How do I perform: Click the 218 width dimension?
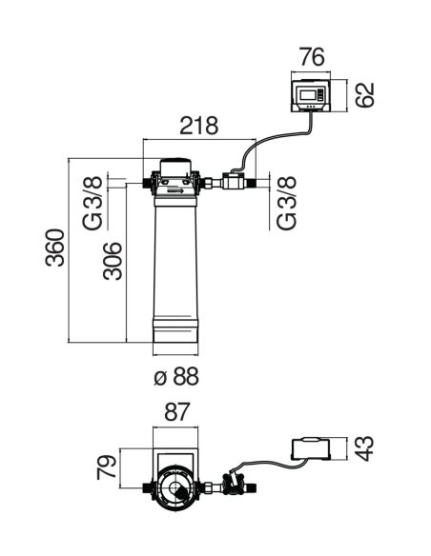coord(199,126)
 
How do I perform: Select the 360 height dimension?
coord(55,248)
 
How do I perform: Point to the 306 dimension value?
coord(113,261)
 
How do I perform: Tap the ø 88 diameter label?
coord(176,376)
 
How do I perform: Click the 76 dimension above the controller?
coord(312,57)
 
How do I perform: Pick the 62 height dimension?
coord(364,94)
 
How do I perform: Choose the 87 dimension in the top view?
coord(177,412)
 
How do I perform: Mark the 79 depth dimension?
coord(107,467)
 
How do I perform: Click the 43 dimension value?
coord(364,448)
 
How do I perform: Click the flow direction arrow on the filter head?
coord(175,191)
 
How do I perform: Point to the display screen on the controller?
coord(308,94)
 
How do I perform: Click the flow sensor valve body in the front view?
coord(234,181)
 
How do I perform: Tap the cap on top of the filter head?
coord(176,167)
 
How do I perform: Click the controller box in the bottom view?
coord(311,448)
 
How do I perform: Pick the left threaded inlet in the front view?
coord(147,183)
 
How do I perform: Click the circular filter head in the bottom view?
coord(175,488)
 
